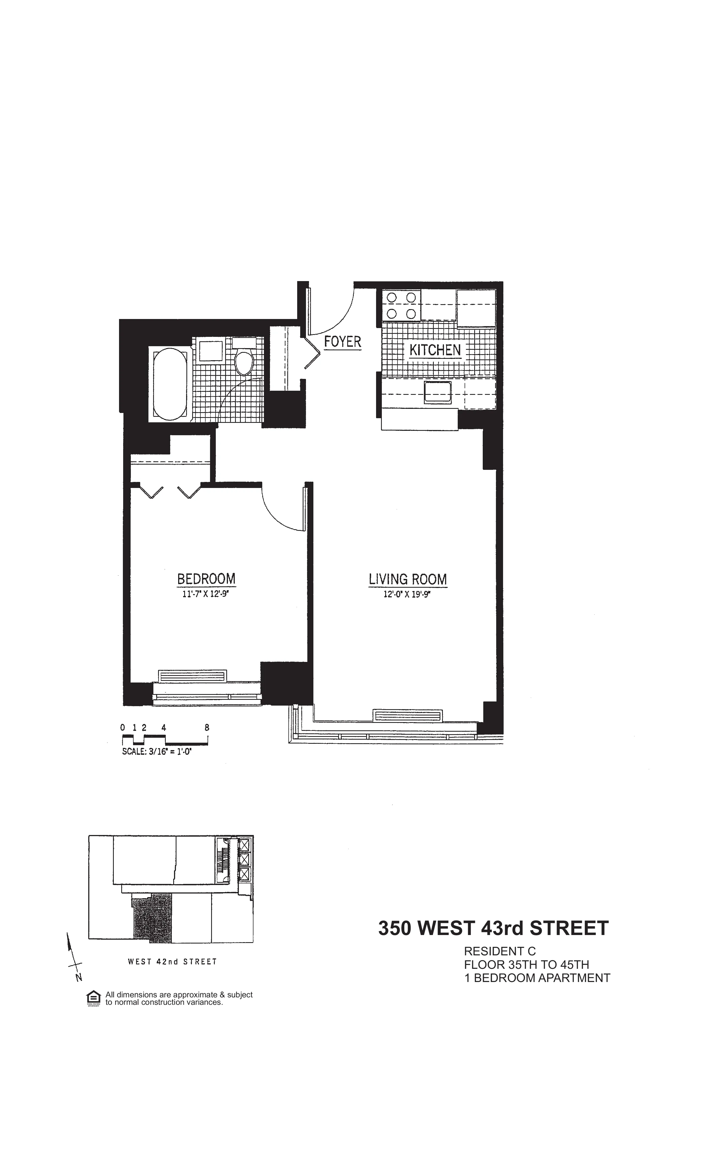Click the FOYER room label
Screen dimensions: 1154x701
343,342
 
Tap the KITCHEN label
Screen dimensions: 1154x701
435,350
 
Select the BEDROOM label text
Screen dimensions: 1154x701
206,579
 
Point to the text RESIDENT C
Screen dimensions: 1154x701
499,951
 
